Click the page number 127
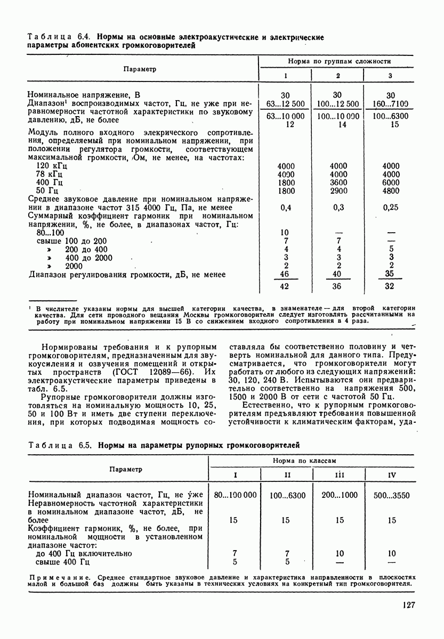(406, 604)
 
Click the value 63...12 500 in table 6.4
(285, 104)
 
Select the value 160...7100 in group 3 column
(391, 104)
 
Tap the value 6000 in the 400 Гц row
(391, 182)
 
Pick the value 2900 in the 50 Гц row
(338, 191)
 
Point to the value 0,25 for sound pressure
(391, 208)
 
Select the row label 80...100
(50, 233)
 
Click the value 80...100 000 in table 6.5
(235, 495)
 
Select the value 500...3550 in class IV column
(392, 495)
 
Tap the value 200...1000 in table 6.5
(340, 495)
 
